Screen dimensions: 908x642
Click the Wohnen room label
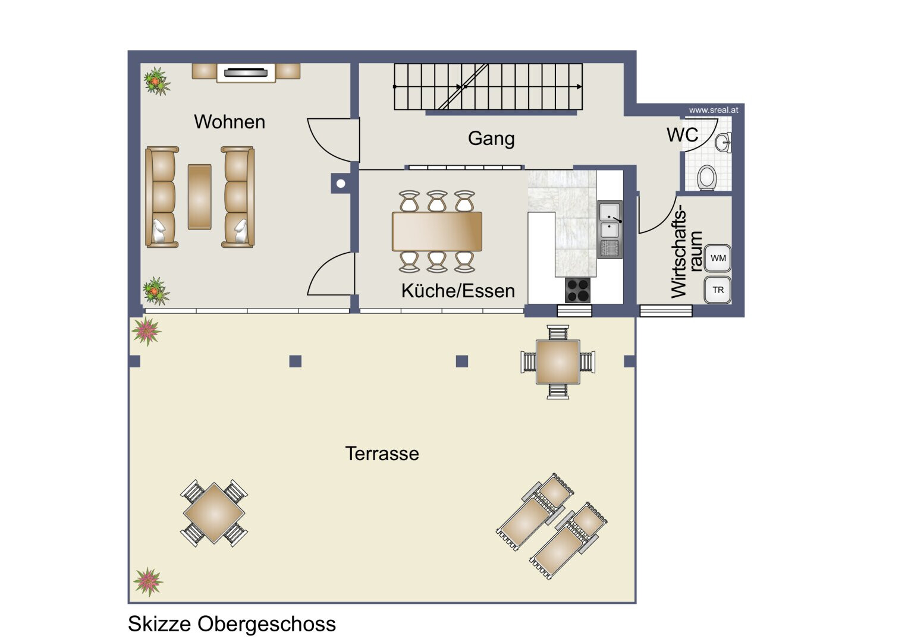pos(230,122)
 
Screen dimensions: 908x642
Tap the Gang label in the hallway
pos(491,139)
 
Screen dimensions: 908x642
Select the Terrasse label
pos(382,454)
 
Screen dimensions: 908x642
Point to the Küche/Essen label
pos(458,291)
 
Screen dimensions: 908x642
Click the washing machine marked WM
pos(718,258)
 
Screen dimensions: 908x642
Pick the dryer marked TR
pos(718,290)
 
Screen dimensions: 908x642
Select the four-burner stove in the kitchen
pos(577,290)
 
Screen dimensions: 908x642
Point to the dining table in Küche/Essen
pos(437,231)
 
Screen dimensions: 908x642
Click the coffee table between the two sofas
pos(199,197)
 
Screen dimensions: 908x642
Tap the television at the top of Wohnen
pos(246,73)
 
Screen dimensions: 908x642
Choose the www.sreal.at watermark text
pos(714,110)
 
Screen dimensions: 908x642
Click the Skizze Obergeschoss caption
pos(232,624)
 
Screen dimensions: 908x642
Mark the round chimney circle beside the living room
pos(341,184)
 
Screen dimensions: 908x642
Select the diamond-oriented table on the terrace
pos(214,513)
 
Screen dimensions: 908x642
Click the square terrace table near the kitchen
pos(558,363)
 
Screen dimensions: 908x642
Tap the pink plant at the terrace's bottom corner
pos(148,582)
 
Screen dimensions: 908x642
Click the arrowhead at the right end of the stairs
pos(580,87)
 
